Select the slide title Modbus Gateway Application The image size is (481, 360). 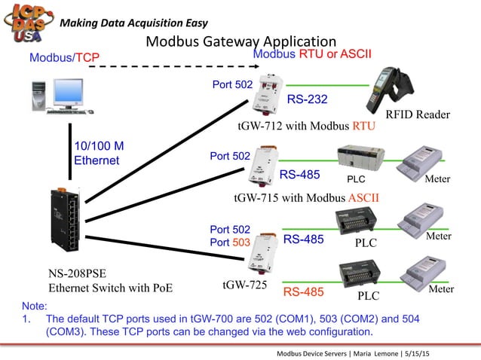click(240, 41)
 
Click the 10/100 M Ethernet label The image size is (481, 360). click(99, 153)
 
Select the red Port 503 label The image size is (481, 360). click(229, 243)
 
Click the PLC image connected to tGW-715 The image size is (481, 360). click(359, 159)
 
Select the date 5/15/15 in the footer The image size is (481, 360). click(423, 353)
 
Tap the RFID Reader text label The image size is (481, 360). click(417, 114)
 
